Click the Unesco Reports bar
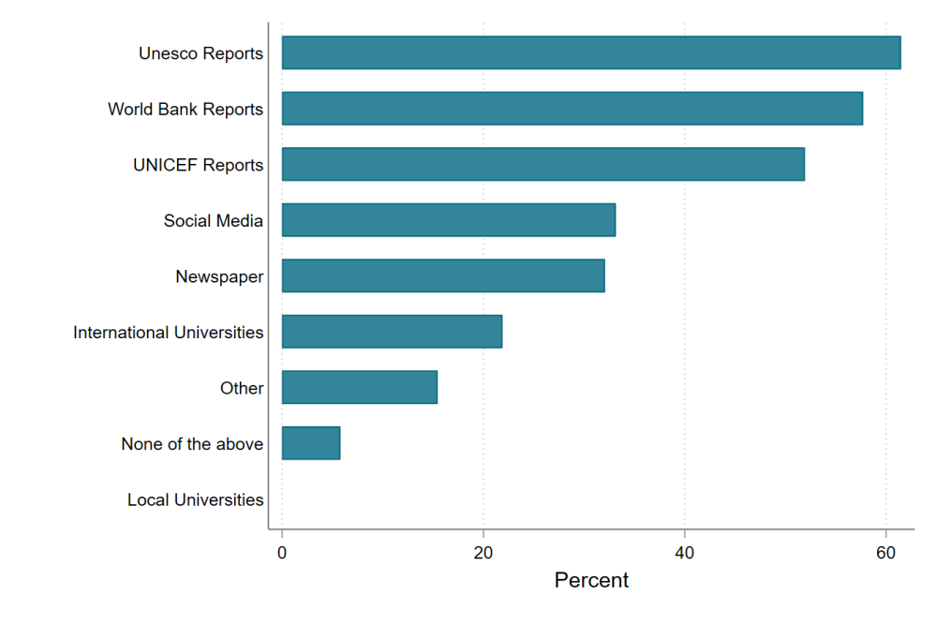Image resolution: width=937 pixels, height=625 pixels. [590, 53]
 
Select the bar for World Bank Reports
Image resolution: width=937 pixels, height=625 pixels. [572, 109]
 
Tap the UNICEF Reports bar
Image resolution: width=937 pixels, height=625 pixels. [543, 165]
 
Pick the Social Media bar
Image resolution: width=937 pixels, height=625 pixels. [448, 220]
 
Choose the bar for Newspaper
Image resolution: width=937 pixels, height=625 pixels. [442, 276]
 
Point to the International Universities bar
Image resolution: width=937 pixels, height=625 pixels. [392, 332]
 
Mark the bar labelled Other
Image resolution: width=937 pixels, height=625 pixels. [359, 388]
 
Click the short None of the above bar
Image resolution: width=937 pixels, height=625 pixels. [310, 443]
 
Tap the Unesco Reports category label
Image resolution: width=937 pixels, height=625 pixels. [201, 53]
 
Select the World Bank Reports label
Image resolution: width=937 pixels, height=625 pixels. [186, 110]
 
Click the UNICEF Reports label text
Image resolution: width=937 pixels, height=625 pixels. [198, 166]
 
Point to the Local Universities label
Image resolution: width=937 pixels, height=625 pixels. [195, 500]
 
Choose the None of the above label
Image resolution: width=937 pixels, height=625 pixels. [192, 444]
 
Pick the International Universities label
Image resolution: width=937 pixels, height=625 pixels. [169, 333]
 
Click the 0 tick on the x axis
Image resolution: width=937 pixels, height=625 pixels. [282, 552]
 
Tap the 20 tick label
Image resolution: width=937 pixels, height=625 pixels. [483, 552]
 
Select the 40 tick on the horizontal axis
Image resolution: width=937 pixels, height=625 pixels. [685, 552]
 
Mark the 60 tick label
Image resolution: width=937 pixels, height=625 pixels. [885, 552]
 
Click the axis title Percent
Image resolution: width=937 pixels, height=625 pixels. [591, 581]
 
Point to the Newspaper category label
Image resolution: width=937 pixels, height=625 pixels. [219, 277]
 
